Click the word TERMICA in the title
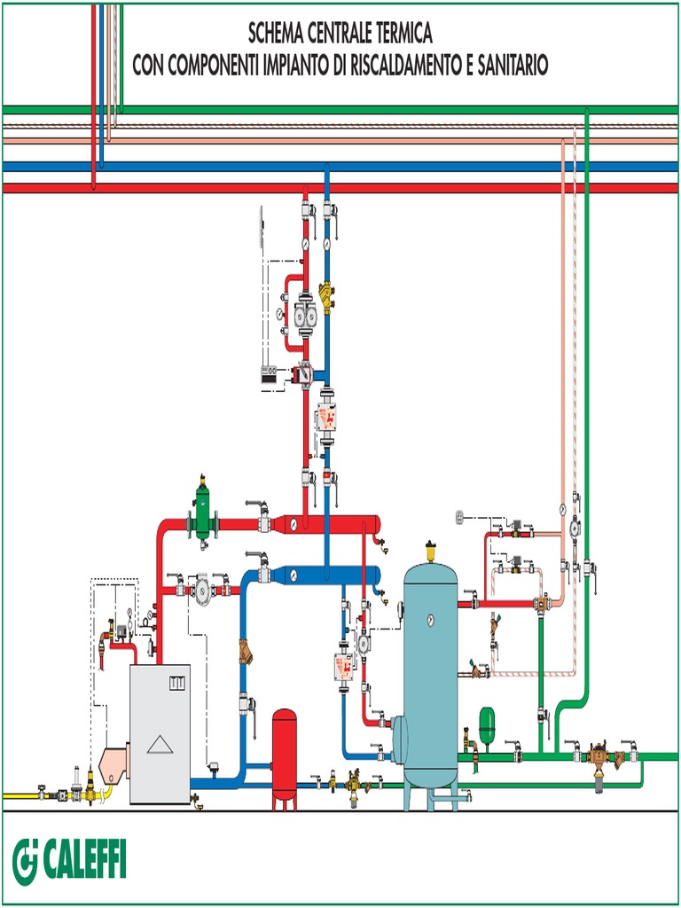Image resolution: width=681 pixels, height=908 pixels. (398, 35)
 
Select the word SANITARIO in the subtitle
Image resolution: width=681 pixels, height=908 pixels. (513, 65)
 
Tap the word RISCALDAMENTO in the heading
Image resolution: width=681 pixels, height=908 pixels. (400, 65)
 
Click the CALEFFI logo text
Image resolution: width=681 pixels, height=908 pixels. (82, 859)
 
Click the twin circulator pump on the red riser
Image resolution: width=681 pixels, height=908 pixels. (305, 315)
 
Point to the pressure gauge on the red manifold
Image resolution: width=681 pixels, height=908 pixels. (292, 524)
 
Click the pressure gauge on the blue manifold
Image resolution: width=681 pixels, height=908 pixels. (292, 575)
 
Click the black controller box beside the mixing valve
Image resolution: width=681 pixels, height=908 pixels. (270, 375)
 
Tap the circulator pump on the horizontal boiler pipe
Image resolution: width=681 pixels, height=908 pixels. (203, 588)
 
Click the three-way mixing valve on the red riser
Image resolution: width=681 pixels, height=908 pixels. (304, 373)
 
